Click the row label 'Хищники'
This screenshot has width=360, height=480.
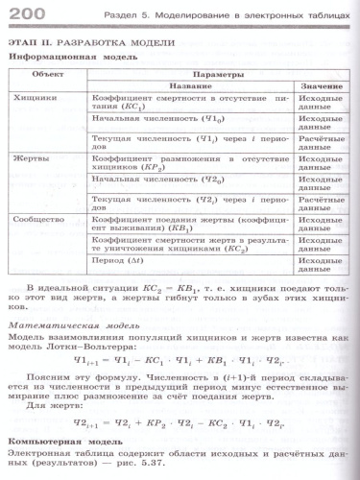click(x=35, y=97)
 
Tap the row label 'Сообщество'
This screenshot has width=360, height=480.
click(x=40, y=218)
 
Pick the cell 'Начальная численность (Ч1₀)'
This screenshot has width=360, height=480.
click(x=157, y=121)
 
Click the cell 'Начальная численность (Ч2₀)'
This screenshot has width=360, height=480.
click(x=157, y=180)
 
